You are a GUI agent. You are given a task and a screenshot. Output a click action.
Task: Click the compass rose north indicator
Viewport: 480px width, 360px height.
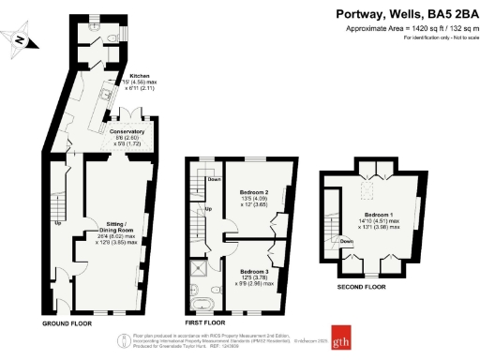pos(20,38)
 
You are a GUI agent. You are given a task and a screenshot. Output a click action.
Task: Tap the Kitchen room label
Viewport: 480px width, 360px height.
pos(139,75)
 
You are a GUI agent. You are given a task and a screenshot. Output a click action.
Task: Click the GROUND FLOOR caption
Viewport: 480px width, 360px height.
pos(67,322)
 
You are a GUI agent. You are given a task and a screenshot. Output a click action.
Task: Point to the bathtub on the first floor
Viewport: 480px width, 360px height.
pos(203,302)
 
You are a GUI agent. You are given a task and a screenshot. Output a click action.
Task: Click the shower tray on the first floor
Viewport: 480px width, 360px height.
pos(201,270)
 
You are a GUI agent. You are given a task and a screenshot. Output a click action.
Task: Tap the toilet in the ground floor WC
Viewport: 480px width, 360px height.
pos(111,37)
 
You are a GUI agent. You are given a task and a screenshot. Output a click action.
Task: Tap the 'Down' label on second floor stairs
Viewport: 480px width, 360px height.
pos(346,241)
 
